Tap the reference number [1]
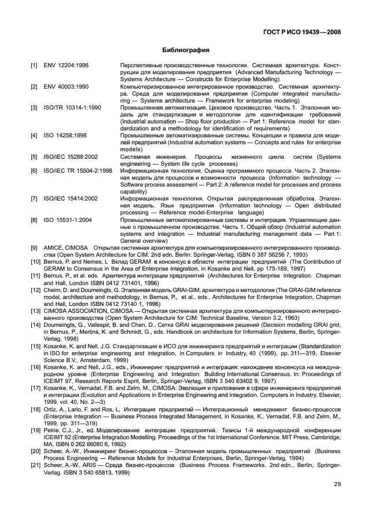[x=34, y=65]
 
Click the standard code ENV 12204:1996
[x=66, y=65]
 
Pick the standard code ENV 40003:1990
[x=66, y=86]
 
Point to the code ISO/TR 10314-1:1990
[x=72, y=107]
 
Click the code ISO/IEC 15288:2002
[x=71, y=156]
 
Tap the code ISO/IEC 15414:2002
[x=71, y=198]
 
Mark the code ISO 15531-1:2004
[x=67, y=220]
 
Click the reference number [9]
[x=34, y=247]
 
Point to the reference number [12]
[x=35, y=289]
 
